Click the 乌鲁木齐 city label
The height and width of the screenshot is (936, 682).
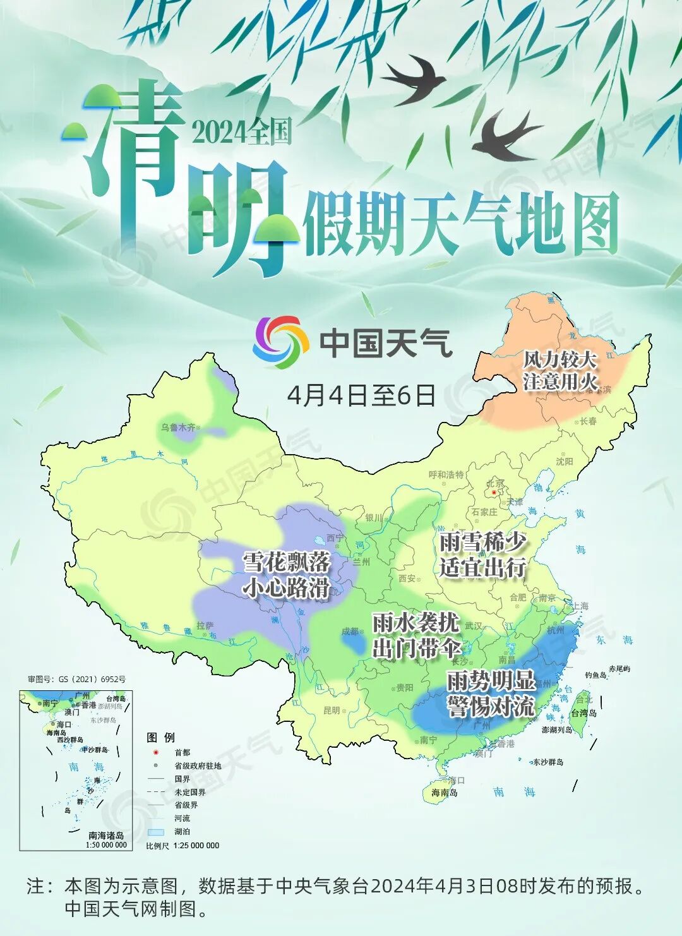click(178, 428)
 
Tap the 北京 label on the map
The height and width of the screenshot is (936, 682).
click(495, 484)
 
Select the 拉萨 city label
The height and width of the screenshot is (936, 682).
click(205, 625)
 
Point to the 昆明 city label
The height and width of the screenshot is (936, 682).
click(332, 710)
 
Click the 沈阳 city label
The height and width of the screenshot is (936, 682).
click(564, 462)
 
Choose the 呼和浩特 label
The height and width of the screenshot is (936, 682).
click(446, 474)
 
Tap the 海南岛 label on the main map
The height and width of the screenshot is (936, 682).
click(445, 792)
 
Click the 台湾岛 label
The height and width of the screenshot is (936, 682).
click(583, 713)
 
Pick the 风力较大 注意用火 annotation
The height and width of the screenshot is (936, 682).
click(559, 371)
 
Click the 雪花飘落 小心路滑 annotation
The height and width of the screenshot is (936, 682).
click(287, 574)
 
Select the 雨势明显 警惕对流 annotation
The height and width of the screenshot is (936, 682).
click(491, 693)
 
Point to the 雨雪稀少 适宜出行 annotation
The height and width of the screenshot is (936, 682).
click(482, 555)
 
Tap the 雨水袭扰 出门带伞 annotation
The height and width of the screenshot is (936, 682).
click(415, 635)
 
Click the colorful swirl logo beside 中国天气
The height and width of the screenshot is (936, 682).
click(280, 342)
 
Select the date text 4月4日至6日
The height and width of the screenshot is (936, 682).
click(361, 395)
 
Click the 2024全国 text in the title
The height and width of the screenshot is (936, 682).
click(241, 132)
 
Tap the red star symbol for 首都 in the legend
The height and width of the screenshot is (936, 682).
click(155, 752)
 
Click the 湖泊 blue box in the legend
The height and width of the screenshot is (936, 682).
click(155, 832)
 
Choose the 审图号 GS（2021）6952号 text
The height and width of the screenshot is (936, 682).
click(76, 680)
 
